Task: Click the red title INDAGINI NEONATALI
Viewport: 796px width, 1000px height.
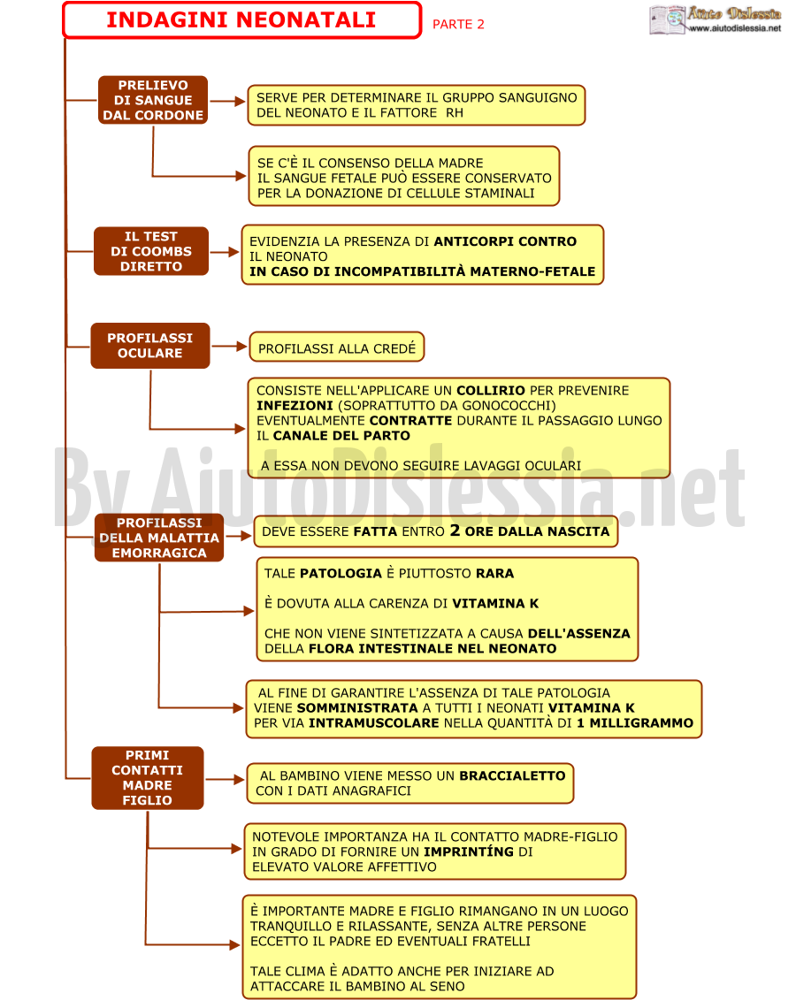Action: pyautogui.click(x=241, y=19)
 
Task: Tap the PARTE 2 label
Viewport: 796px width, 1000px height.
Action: pyautogui.click(x=458, y=24)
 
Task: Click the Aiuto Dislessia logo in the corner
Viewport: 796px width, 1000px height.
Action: pyautogui.click(x=715, y=19)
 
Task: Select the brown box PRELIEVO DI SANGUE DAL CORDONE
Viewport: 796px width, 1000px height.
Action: pyautogui.click(x=153, y=100)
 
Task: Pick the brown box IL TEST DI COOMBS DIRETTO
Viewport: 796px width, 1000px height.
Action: pyautogui.click(x=151, y=251)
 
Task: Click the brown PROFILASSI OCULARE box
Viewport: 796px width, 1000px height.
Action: pyautogui.click(x=149, y=346)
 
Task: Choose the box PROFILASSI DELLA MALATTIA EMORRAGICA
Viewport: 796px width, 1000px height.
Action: pyautogui.click(x=159, y=538)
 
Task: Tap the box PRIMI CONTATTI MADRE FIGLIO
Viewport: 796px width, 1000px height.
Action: pyautogui.click(x=148, y=778)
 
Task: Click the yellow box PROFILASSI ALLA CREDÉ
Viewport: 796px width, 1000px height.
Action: pyautogui.click(x=337, y=347)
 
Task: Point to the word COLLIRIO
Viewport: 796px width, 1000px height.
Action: pyautogui.click(x=491, y=390)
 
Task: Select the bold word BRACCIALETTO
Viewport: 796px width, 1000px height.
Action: pyautogui.click(x=512, y=775)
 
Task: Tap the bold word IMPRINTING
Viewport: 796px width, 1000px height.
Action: pyautogui.click(x=469, y=851)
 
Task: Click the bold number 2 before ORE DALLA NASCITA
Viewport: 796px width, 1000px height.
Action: pyautogui.click(x=455, y=530)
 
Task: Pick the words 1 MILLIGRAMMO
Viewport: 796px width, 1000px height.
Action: pyautogui.click(x=635, y=723)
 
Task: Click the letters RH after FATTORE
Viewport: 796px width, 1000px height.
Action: pyautogui.click(x=455, y=113)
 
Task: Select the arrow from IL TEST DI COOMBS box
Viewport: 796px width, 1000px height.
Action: pyautogui.click(x=226, y=252)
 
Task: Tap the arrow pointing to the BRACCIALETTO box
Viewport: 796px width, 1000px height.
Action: pyautogui.click(x=226, y=779)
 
